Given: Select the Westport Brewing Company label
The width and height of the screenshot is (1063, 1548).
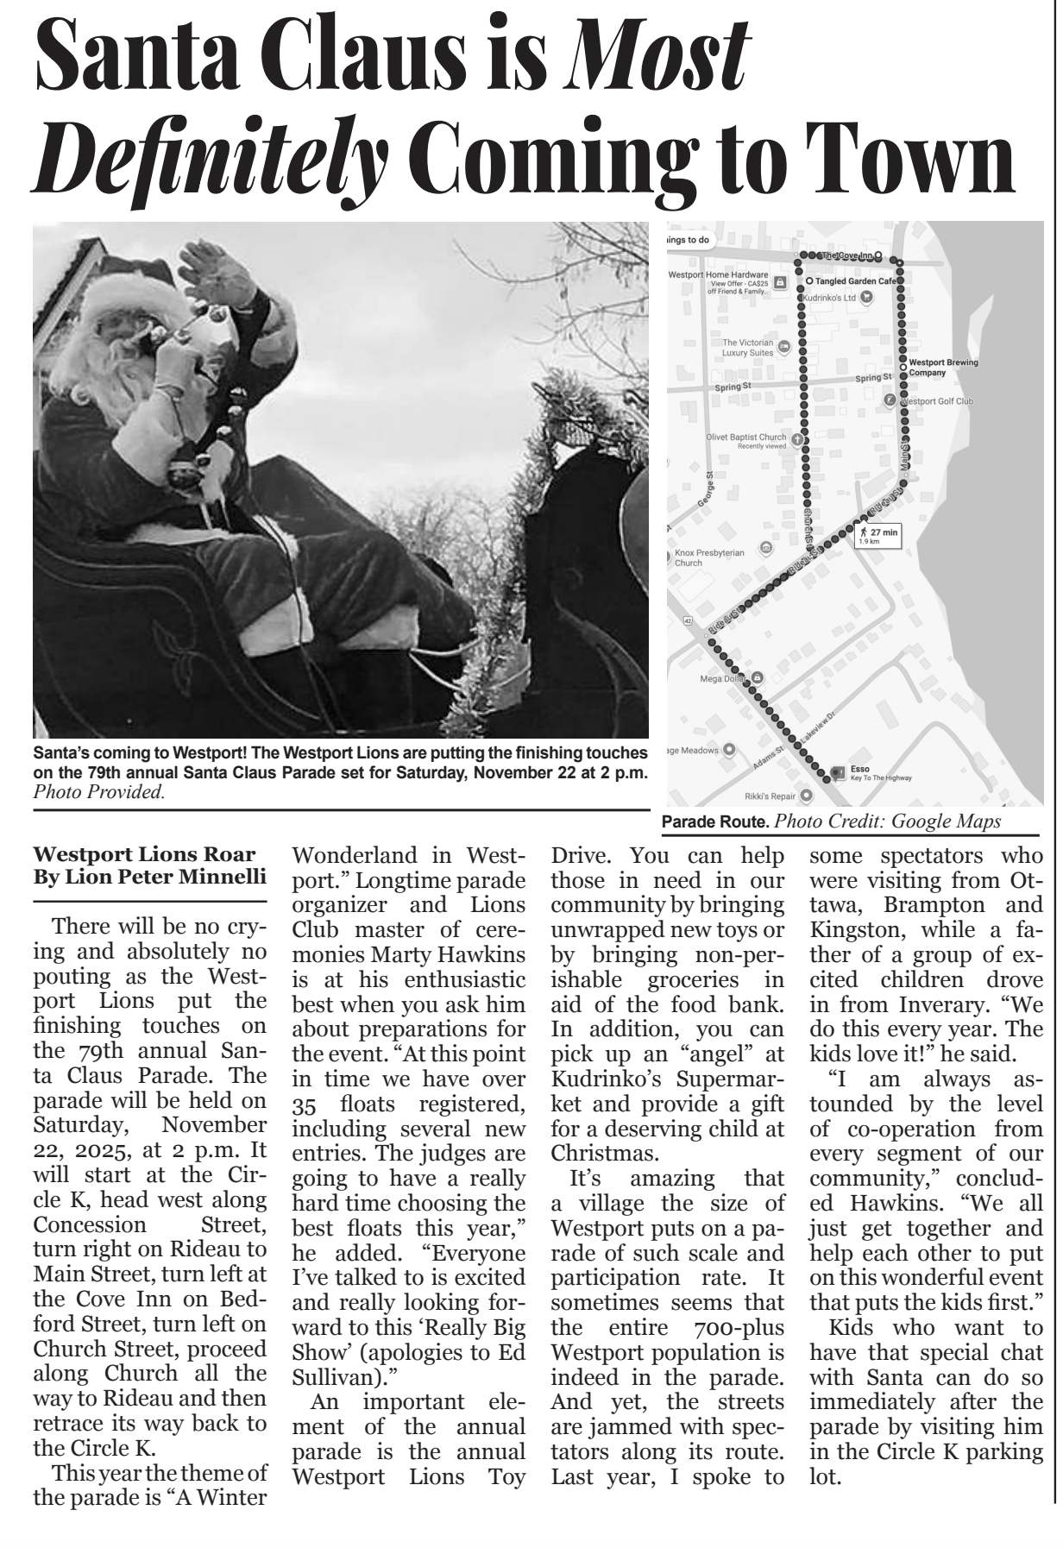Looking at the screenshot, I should coord(943,367).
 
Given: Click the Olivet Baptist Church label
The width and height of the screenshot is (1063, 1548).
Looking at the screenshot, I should coord(745,438).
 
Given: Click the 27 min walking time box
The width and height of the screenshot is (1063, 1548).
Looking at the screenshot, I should coord(877,536).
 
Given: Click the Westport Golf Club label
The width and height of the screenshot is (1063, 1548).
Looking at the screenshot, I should coord(937,401).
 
